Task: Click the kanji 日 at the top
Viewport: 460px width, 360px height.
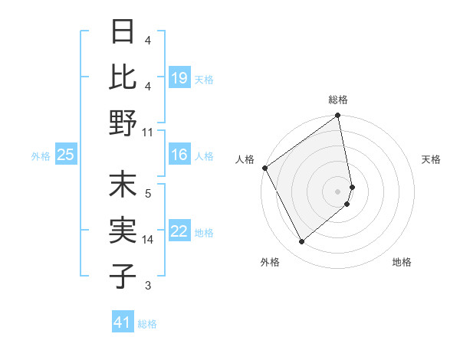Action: [x=123, y=32]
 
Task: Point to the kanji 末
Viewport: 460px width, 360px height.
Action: [x=123, y=187]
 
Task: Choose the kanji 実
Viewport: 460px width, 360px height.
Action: [x=123, y=231]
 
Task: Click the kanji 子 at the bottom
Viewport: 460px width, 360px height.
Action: [x=123, y=276]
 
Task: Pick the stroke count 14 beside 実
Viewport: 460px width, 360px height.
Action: [x=148, y=240]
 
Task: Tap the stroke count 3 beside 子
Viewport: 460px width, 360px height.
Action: [x=148, y=286]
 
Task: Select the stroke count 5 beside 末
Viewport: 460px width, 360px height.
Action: [x=148, y=193]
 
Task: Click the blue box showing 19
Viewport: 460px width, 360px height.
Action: [x=179, y=78]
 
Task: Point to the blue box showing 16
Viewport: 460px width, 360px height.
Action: [x=179, y=155]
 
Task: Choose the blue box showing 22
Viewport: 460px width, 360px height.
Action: [x=179, y=232]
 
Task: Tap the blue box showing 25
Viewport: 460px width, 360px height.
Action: [x=65, y=155]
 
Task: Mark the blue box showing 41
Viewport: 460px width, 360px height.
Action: [x=123, y=322]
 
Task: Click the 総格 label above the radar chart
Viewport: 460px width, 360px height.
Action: [x=338, y=100]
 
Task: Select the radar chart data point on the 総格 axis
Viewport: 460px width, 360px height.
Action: [x=338, y=116]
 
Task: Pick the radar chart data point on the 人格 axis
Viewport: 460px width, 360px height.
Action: [x=264, y=168]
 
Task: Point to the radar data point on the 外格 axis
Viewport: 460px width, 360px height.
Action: [x=301, y=242]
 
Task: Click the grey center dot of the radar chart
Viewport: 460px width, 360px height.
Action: [x=338, y=191]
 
